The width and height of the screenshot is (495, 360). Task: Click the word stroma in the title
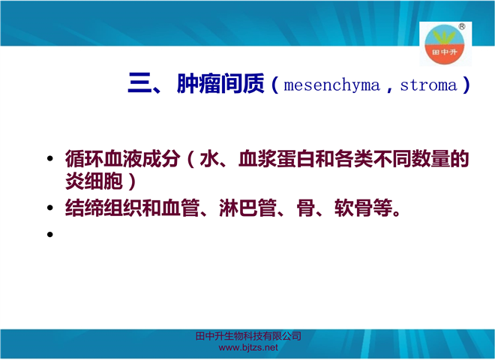coord(429,85)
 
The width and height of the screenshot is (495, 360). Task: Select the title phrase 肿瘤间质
coord(220,83)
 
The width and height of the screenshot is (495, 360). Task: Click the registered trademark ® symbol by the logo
coord(461,26)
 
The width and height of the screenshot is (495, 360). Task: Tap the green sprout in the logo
coord(444,37)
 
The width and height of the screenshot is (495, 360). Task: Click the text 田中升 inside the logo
coord(445,52)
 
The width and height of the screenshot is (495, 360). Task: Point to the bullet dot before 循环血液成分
coord(50,158)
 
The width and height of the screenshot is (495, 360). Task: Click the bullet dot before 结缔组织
coord(50,208)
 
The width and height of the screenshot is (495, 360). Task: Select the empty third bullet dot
coord(50,234)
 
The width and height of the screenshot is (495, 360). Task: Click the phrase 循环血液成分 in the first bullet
coord(123,158)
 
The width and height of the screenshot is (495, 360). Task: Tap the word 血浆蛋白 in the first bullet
coord(277,158)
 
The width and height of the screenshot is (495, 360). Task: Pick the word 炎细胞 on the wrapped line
coord(94,181)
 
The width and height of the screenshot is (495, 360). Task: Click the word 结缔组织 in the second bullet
coord(103,208)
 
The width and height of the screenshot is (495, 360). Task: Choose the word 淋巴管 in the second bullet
coord(247,208)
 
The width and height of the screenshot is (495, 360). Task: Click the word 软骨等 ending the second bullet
coord(363,208)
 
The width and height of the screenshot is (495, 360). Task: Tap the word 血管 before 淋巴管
coord(181,208)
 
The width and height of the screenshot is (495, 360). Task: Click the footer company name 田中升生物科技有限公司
coord(248,336)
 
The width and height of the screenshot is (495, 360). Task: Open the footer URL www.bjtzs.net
coord(248,348)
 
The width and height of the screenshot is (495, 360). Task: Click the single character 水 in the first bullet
coord(209,158)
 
